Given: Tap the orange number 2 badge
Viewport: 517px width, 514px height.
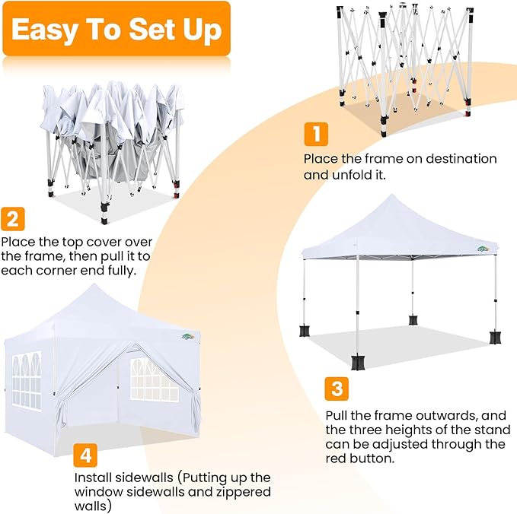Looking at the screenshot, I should [x=13, y=219].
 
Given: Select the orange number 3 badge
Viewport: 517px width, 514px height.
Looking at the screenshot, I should [x=336, y=390].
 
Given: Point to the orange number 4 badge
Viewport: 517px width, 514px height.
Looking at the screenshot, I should [x=85, y=455].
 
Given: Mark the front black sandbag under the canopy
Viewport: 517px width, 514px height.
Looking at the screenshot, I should [x=358, y=363].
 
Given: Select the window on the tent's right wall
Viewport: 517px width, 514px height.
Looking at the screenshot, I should [x=155, y=380].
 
